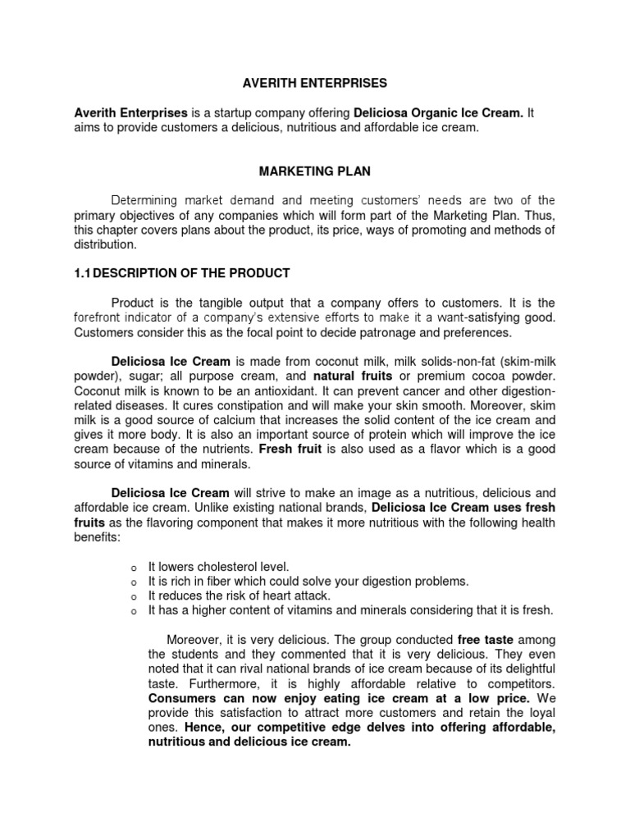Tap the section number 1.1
click(x=83, y=273)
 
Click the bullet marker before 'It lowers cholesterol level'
click(x=133, y=567)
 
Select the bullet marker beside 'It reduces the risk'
click(x=133, y=596)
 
